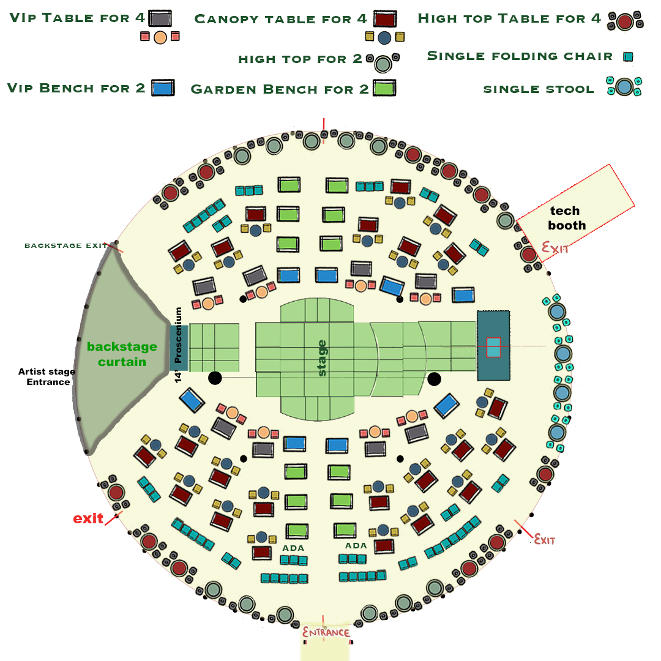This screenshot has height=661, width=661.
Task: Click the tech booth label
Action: tap(567, 218)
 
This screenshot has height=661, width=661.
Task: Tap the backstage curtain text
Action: tap(122, 354)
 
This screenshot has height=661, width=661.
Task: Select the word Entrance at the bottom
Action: tap(326, 632)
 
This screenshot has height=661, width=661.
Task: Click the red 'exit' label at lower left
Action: tap(88, 518)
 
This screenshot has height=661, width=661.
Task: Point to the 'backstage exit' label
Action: tap(65, 245)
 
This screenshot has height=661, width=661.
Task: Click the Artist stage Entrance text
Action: tap(47, 376)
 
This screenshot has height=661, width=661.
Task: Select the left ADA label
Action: tap(293, 548)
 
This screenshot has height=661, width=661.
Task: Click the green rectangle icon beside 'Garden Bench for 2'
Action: tap(385, 88)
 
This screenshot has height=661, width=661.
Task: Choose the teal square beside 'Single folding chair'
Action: tap(627, 57)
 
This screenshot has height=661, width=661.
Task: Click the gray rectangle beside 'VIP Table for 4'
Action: tap(160, 18)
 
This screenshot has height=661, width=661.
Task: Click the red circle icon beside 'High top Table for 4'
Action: tap(624, 23)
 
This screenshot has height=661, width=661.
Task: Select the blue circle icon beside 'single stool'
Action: tap(624, 87)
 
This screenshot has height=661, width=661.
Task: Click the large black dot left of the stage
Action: tap(215, 378)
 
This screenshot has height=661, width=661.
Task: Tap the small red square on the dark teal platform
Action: tap(493, 347)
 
